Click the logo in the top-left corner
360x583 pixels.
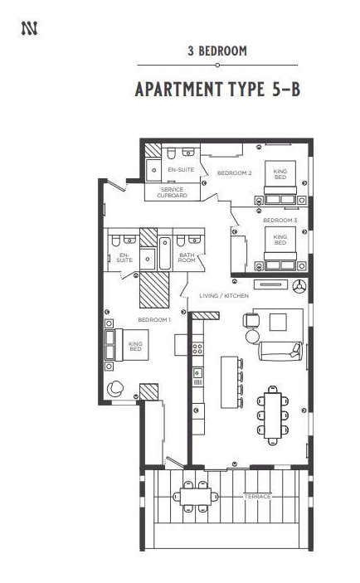coord(29,29)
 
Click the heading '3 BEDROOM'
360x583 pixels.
coord(217,51)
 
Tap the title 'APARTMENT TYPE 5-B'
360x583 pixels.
coord(217,90)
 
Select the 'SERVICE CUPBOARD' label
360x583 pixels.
coord(172,192)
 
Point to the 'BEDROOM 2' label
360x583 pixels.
coord(234,172)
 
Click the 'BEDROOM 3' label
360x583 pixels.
coord(280,220)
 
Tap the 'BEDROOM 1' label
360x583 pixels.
coord(154,320)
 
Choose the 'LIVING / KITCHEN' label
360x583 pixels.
coord(224,295)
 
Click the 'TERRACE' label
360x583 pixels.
coord(257,497)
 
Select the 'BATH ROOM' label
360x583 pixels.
coord(187,257)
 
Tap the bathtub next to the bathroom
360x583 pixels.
coord(165,254)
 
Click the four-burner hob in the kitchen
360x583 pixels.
coord(197,349)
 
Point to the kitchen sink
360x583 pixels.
coord(197,372)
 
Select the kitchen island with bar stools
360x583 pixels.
coord(232,382)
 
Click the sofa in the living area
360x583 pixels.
coord(281,351)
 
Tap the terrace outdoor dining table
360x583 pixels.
coord(196,497)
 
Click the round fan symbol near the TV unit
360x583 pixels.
coord(299,286)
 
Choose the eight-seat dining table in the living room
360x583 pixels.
coord(273,415)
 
